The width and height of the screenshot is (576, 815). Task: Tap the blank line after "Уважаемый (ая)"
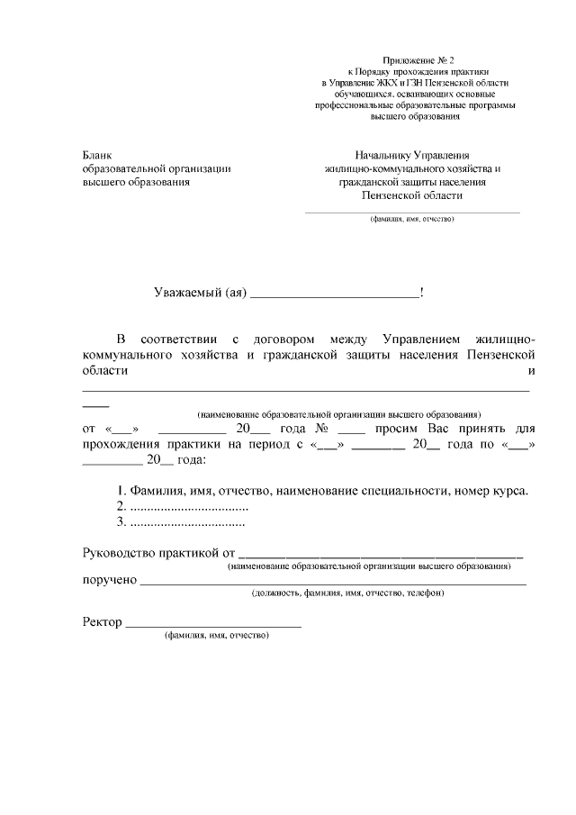pyautogui.click(x=334, y=294)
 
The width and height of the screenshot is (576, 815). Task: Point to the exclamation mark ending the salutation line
pyautogui.click(x=422, y=292)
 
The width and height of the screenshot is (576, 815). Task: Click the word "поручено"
pyautogui.click(x=109, y=580)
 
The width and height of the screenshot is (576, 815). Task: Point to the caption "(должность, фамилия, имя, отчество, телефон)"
pyautogui.click(x=347, y=593)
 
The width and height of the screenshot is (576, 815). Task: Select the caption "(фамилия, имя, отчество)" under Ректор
pyautogui.click(x=217, y=637)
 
